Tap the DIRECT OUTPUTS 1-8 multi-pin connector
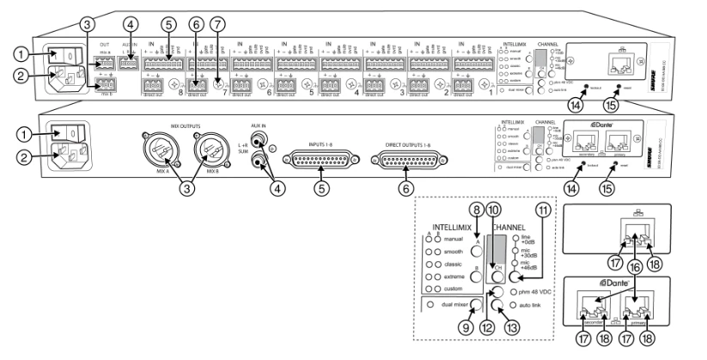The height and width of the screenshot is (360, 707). pyautogui.click(x=422, y=157)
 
